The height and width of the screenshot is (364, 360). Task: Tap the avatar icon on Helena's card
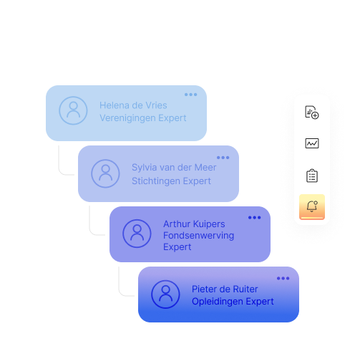click(72, 111)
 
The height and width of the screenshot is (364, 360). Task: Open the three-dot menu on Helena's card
click(190, 95)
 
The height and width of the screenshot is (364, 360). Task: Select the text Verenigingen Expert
click(142, 118)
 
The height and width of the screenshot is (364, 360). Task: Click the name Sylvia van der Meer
click(174, 168)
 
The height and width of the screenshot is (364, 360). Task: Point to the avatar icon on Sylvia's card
click(105, 173)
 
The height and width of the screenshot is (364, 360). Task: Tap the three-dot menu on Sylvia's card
click(223, 158)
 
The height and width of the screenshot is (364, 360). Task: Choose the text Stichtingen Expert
click(171, 181)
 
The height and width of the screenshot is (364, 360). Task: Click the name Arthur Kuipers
click(193, 224)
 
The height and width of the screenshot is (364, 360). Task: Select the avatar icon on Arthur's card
click(136, 234)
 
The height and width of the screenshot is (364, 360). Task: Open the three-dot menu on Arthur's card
click(254, 218)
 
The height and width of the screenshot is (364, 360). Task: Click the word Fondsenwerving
click(198, 236)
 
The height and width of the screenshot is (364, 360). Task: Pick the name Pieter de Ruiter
click(225, 289)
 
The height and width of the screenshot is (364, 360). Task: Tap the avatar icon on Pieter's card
click(165, 294)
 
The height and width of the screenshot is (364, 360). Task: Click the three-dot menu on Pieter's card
click(283, 278)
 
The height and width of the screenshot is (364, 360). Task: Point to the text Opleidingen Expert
click(233, 302)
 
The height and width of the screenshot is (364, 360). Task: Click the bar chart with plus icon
click(312, 112)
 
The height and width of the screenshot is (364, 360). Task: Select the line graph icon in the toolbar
click(312, 143)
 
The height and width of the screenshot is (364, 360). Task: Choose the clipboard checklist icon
click(312, 176)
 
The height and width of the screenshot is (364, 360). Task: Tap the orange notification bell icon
click(312, 207)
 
